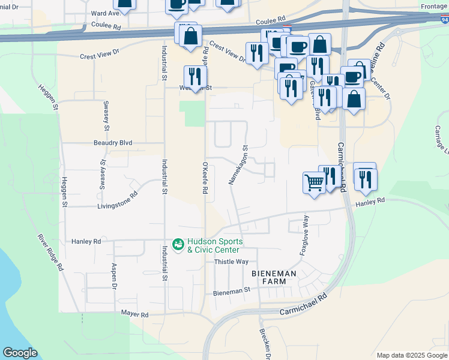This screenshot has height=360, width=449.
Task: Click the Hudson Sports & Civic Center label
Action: point(215,245)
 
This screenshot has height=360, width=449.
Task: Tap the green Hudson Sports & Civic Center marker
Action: point(178,244)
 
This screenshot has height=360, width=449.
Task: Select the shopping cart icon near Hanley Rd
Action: point(315,182)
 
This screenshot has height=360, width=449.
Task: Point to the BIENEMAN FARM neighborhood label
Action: point(274,278)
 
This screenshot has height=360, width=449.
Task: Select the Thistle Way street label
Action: point(231,262)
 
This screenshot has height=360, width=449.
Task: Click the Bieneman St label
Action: point(231,292)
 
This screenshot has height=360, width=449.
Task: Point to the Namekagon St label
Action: point(238,164)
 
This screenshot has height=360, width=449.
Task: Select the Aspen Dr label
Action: point(113,277)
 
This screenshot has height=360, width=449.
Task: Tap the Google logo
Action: point(20,353)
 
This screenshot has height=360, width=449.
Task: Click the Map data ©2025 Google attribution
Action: point(412,355)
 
